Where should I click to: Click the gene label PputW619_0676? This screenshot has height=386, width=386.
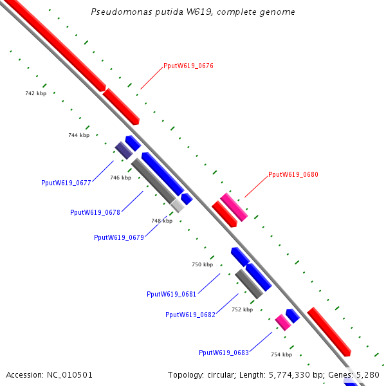(x=188, y=66)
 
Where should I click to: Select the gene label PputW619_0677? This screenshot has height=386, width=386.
(x=66, y=182)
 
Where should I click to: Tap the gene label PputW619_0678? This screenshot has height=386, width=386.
(x=95, y=212)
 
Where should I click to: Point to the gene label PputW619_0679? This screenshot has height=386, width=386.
(x=119, y=237)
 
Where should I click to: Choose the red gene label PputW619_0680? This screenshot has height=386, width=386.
(x=293, y=174)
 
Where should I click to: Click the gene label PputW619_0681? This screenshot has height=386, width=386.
(x=172, y=294)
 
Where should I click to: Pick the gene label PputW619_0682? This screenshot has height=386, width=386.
(x=190, y=315)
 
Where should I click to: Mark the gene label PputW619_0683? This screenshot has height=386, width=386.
(x=224, y=353)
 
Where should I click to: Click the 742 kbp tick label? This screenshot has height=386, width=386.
(x=36, y=93)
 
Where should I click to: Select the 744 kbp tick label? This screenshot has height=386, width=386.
(x=79, y=135)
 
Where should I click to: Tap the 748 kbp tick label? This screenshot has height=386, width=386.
(x=162, y=221)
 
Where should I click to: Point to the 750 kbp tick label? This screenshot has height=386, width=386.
(x=202, y=264)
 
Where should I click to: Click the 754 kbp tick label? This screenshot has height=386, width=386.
(x=281, y=354)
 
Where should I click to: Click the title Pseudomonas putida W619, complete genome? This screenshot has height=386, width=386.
(x=193, y=12)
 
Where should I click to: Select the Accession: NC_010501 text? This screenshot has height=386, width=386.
(x=49, y=374)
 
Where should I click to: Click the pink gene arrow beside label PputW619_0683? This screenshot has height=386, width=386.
(x=282, y=322)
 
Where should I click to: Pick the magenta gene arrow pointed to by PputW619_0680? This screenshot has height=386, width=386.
(x=234, y=207)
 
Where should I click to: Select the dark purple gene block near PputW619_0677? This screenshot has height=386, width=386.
(x=124, y=150)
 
